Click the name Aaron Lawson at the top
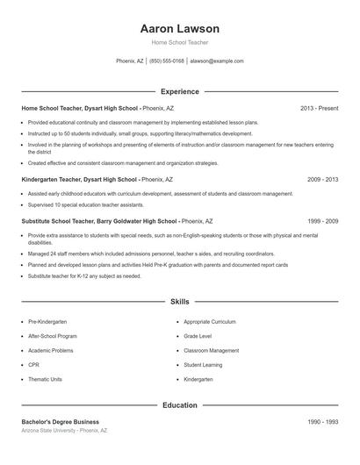179,29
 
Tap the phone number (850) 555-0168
167,61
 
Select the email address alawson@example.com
217,61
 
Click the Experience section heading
179,91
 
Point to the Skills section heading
179,301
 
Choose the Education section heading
179,405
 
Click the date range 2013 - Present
319,108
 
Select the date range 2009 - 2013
322,178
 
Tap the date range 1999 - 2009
322,221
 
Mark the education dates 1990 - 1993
322,422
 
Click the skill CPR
33,365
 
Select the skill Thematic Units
45,380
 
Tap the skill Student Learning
203,365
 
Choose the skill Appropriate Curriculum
211,322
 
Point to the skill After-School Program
53,336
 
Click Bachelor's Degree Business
61,422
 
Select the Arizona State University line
64,431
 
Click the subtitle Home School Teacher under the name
179,42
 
